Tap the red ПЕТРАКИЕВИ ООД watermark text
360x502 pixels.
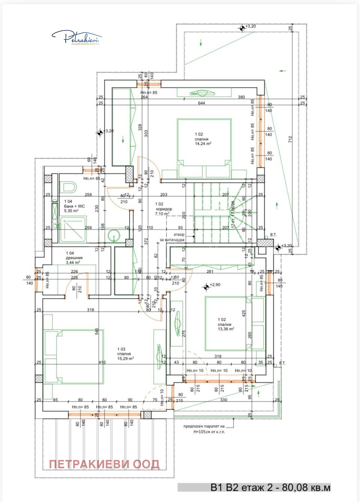click(104, 464)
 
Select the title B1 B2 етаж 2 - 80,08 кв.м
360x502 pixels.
click(270, 487)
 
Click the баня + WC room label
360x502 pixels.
click(74, 206)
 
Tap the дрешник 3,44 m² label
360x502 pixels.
click(74, 258)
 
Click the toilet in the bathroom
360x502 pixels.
click(69, 186)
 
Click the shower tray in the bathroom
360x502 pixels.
click(73, 230)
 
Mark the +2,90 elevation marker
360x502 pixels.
click(206, 287)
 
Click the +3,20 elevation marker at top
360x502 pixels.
click(242, 27)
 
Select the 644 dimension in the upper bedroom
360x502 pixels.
click(201, 103)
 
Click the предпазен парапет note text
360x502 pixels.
click(204, 429)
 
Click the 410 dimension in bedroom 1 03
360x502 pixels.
click(102, 362)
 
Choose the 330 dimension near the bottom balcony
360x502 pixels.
click(223, 400)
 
